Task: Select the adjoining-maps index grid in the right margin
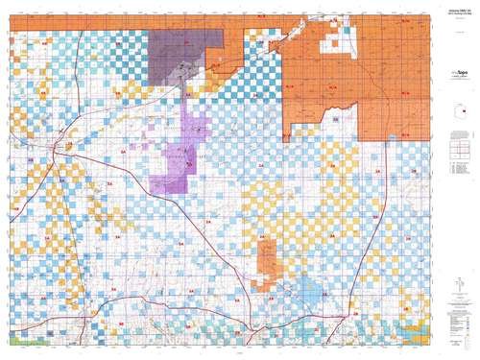pos(460,151)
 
